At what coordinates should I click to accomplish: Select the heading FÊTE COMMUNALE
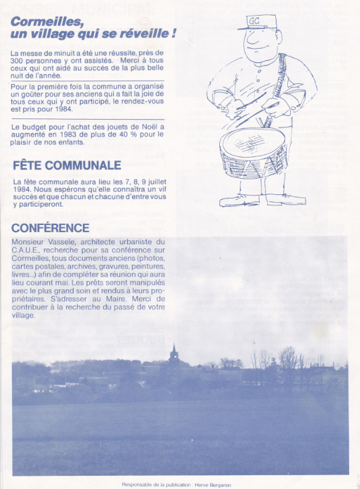(67, 165)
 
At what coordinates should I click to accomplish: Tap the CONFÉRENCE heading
(50, 228)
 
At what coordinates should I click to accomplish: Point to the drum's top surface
(251, 143)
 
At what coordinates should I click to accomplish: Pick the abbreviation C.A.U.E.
(25, 250)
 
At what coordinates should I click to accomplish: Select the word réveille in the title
(142, 34)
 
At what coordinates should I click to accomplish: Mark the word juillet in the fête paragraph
(154, 182)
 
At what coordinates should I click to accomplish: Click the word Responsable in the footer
(136, 484)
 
